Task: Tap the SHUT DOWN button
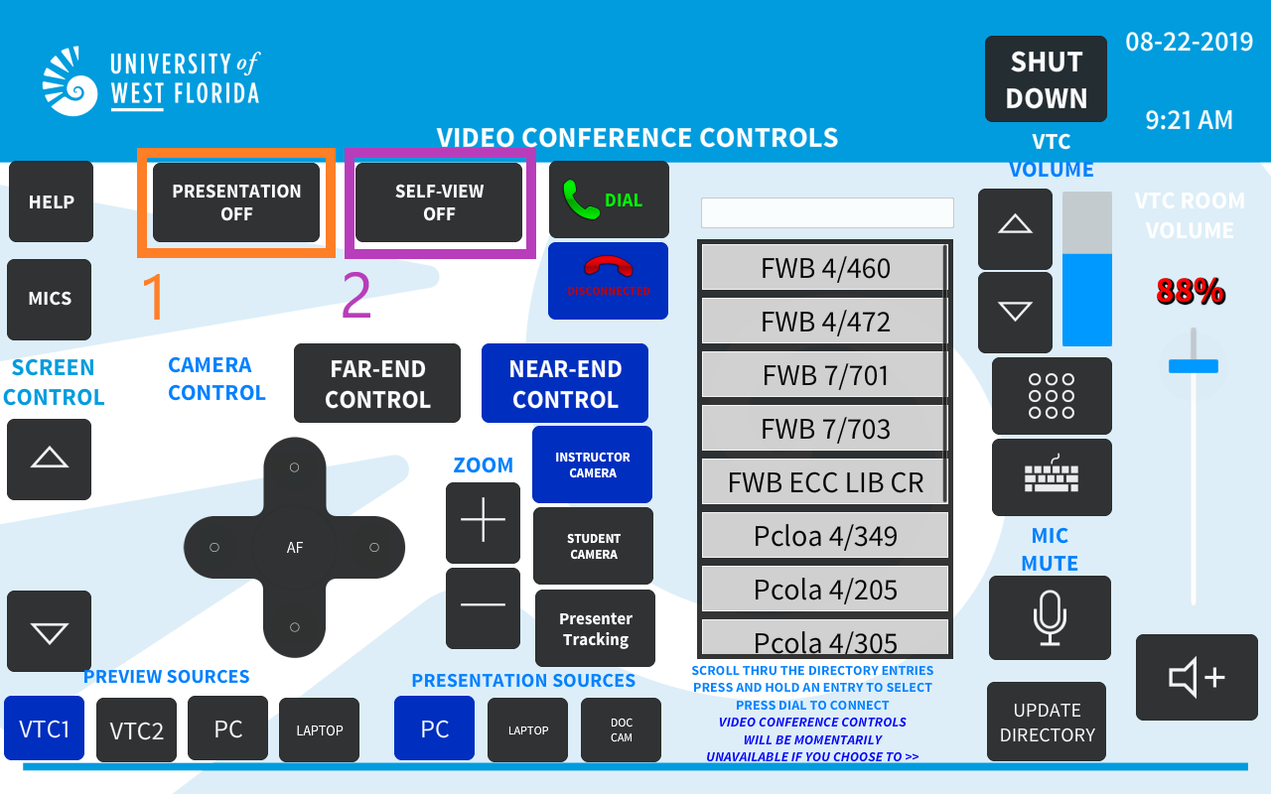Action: (x=1046, y=78)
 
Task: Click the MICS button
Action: (x=50, y=300)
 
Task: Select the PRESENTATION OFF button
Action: (x=236, y=202)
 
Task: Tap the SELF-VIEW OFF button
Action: (x=439, y=202)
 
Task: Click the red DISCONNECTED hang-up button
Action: (x=609, y=281)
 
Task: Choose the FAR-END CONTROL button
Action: (x=377, y=383)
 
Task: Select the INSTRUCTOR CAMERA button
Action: (x=593, y=464)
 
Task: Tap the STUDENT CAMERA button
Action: (x=594, y=546)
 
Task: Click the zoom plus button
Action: (x=483, y=522)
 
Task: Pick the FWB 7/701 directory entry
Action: (x=824, y=375)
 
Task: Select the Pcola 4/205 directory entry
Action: (x=824, y=590)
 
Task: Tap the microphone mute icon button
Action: (x=1050, y=618)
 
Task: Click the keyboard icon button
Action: (x=1052, y=477)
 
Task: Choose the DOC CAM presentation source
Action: (x=621, y=729)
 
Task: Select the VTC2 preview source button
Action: (x=136, y=729)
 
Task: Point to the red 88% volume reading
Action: (x=1191, y=292)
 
